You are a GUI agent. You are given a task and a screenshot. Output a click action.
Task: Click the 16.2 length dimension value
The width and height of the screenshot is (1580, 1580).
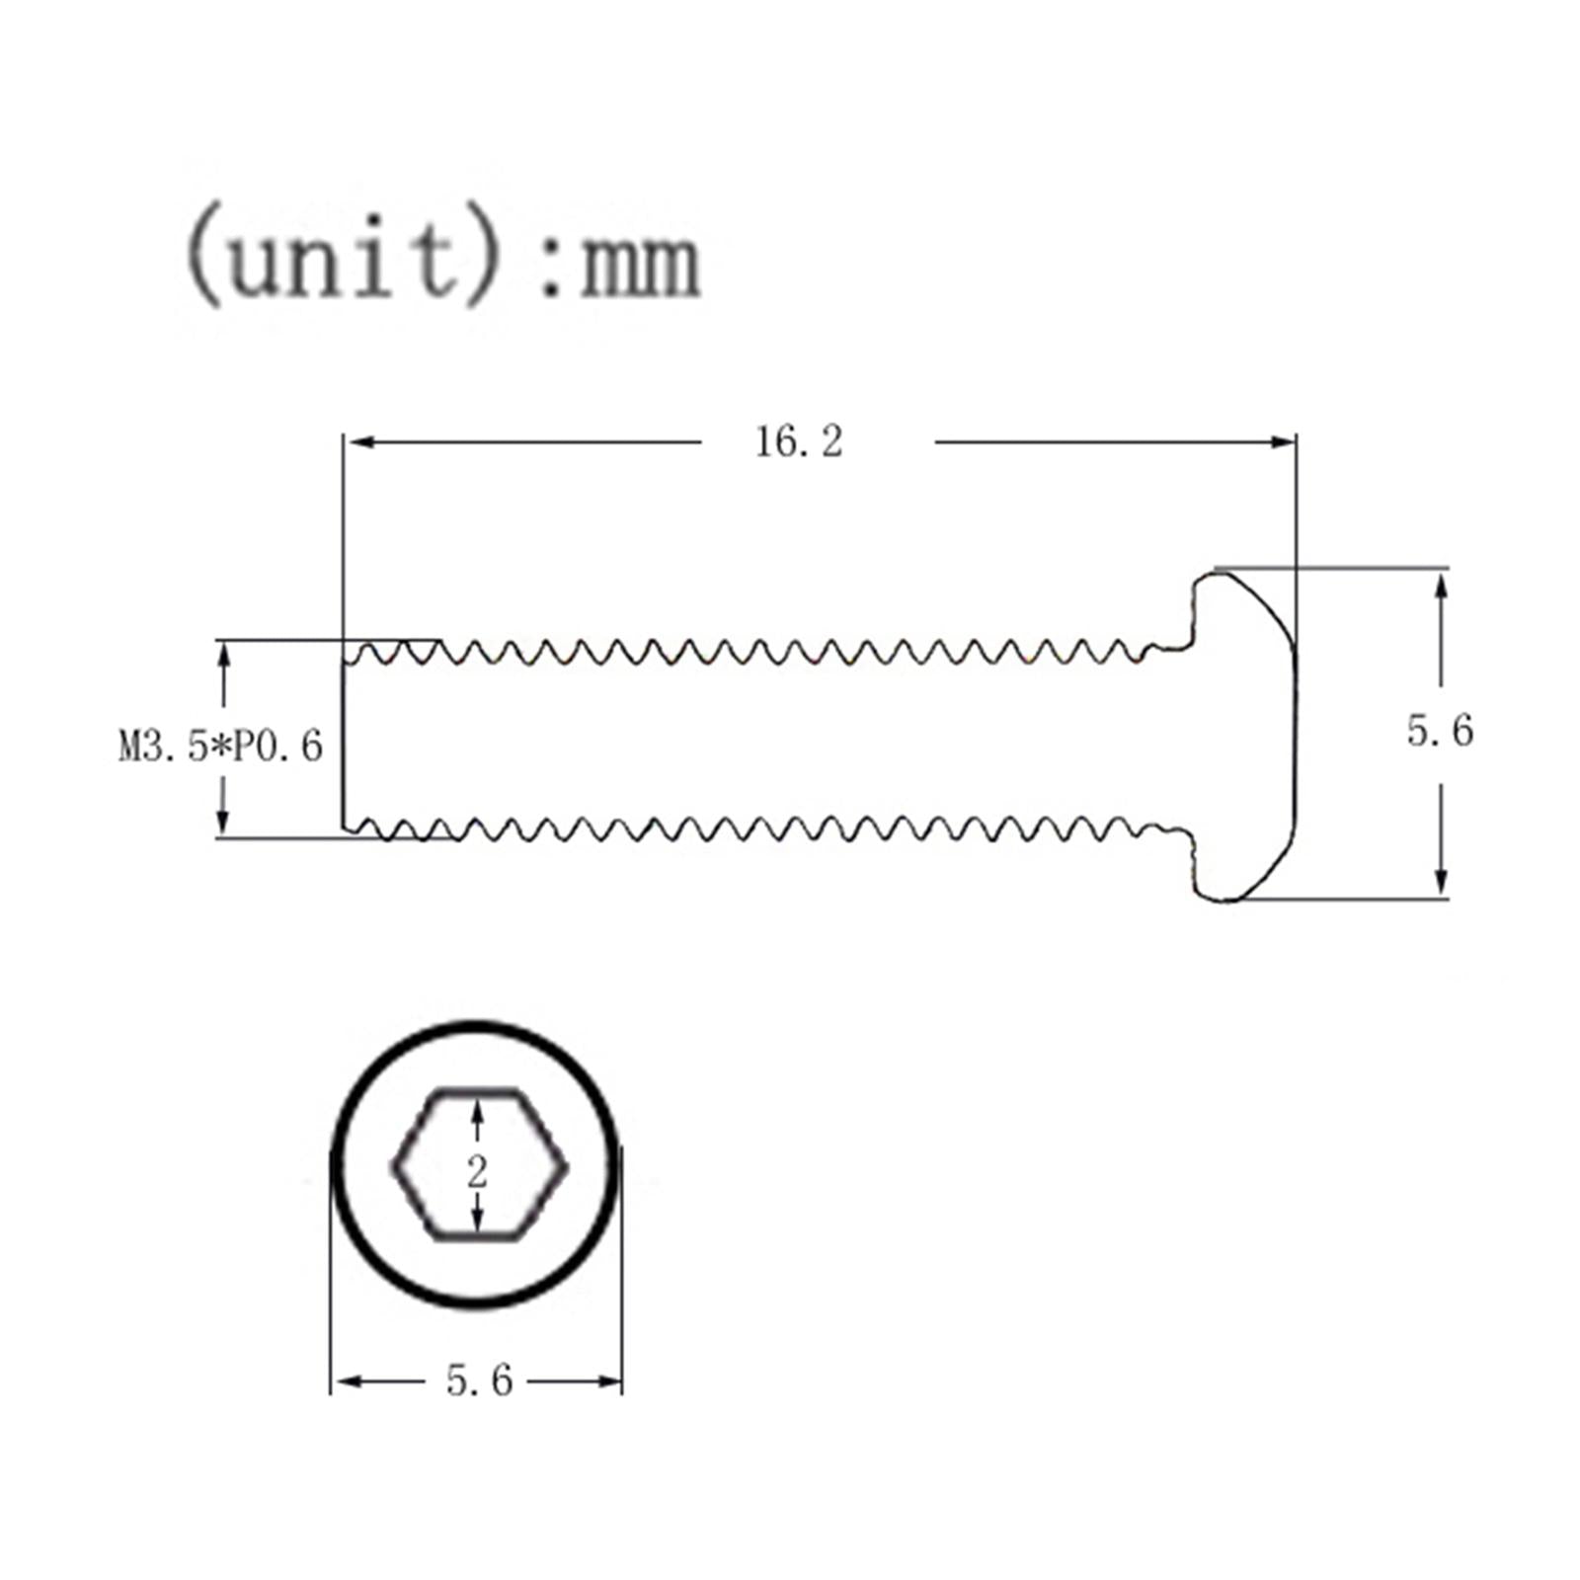pos(799,441)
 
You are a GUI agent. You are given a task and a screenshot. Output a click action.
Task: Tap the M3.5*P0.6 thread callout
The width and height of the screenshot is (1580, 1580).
pos(221,747)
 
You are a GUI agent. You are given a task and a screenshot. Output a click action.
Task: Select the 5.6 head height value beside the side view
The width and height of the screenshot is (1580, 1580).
pos(1440,731)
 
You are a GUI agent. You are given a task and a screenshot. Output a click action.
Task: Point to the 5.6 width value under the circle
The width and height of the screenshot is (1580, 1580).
pos(480,1381)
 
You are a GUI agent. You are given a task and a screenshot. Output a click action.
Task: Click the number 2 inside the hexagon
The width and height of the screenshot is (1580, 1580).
pos(478,1172)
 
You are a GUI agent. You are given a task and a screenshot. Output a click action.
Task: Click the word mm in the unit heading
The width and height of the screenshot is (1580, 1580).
pos(640,264)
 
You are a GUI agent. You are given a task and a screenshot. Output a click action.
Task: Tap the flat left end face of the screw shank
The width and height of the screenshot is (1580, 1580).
pos(344,741)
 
